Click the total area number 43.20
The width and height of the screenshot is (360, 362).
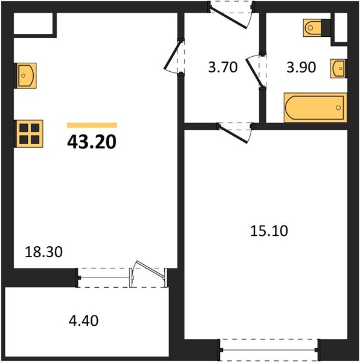(92, 142)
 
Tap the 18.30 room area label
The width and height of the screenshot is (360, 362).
(43, 252)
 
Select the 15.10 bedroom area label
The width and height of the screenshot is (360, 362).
(269, 231)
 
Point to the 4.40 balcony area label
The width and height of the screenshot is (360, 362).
(83, 320)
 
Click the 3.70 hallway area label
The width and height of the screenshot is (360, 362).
(223, 68)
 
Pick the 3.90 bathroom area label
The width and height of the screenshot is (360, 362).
(301, 68)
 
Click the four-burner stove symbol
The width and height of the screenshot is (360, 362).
(29, 134)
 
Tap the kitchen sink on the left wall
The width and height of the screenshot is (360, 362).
(25, 75)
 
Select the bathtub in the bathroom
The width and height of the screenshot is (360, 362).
(315, 107)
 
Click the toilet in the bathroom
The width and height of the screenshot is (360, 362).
(313, 28)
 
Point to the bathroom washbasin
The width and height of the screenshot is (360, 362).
(338, 68)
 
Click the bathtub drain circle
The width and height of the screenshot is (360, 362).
(338, 107)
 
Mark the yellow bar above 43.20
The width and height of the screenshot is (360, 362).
(92, 125)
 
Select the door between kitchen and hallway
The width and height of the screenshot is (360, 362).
(172, 57)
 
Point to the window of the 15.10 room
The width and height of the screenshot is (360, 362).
(269, 350)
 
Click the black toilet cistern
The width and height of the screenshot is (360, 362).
(326, 28)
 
